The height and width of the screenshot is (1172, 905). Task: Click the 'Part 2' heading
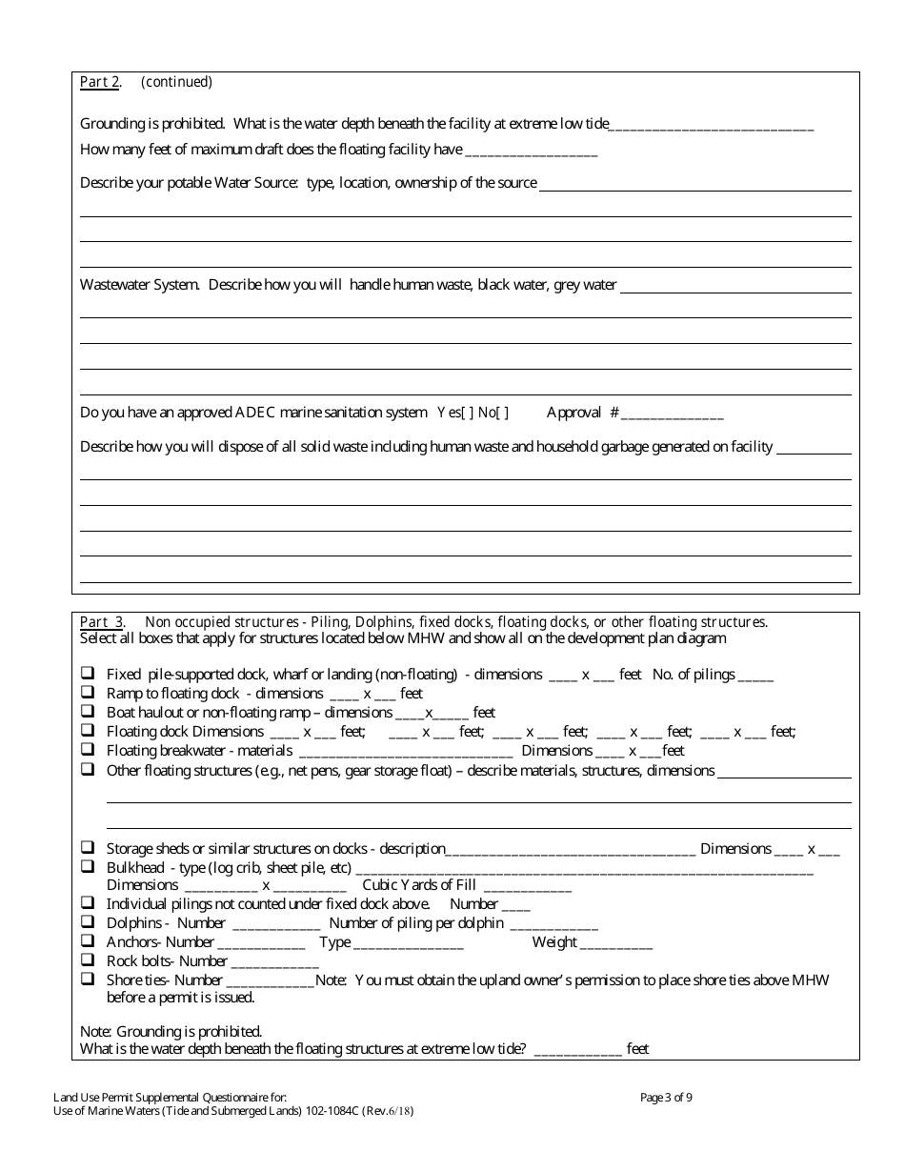click(x=100, y=82)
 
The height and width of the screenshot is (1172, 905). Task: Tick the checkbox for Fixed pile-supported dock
click(x=88, y=674)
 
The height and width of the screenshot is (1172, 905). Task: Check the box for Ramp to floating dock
click(x=88, y=693)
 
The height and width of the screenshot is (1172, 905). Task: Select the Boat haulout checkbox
click(x=88, y=712)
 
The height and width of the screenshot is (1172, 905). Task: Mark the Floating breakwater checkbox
click(x=88, y=750)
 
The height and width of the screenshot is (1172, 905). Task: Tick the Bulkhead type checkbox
click(x=88, y=867)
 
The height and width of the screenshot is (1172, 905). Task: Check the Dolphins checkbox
click(x=88, y=922)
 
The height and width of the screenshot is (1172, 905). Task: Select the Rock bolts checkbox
click(x=88, y=960)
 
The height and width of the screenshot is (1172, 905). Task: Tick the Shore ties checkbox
click(x=88, y=980)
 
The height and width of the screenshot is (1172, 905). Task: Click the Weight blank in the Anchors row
click(x=616, y=944)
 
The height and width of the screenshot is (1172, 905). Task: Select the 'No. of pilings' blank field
click(x=756, y=677)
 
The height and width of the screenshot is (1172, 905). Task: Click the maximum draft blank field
click(x=531, y=152)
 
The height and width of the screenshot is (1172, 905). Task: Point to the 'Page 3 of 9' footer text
click(x=667, y=1097)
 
